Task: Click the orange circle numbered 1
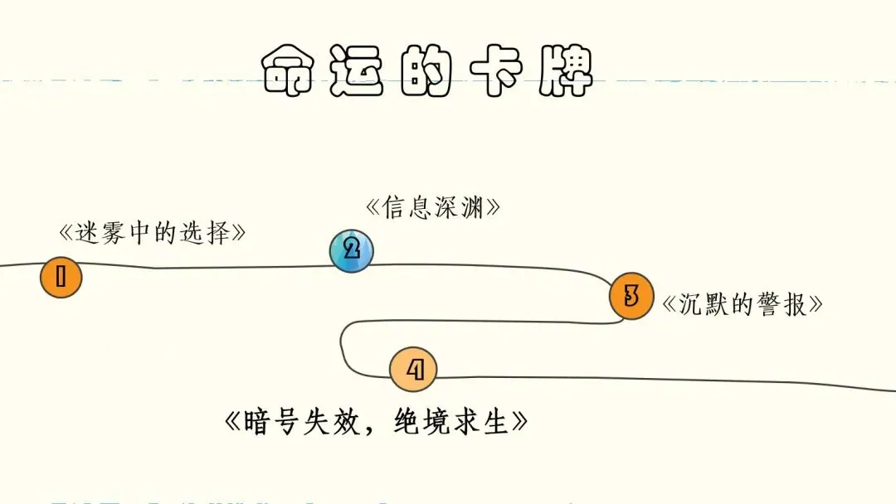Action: pos(61,278)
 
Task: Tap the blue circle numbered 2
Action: pos(351,250)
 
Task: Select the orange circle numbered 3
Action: pos(631,296)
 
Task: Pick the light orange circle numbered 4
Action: pos(413,370)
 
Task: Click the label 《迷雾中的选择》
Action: pos(153,233)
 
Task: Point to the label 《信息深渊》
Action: pos(433,207)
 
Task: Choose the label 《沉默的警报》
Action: pos(743,304)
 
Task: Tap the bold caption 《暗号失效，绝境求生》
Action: pos(377,424)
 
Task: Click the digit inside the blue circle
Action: pos(351,250)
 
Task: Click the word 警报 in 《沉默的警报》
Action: pos(783,304)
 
